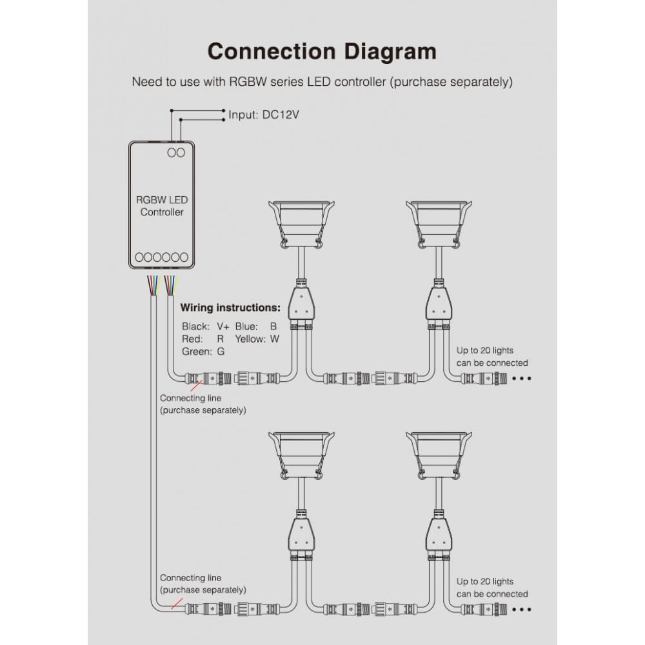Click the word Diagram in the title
(x=390, y=52)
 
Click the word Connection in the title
(x=272, y=52)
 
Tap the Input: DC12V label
(x=264, y=114)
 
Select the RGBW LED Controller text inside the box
(x=162, y=206)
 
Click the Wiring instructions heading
(x=230, y=308)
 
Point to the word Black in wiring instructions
(x=195, y=326)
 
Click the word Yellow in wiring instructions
(x=249, y=339)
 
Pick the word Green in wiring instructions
(x=195, y=352)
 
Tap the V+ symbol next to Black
(x=223, y=326)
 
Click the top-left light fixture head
(x=301, y=224)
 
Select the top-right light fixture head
(x=439, y=224)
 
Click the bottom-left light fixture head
(x=301, y=456)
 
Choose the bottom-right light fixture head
(x=439, y=456)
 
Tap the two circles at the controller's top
(x=176, y=153)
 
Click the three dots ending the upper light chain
(x=522, y=378)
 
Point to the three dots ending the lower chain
(x=522, y=610)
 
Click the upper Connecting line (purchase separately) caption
(x=203, y=404)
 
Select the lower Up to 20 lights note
(x=492, y=588)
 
